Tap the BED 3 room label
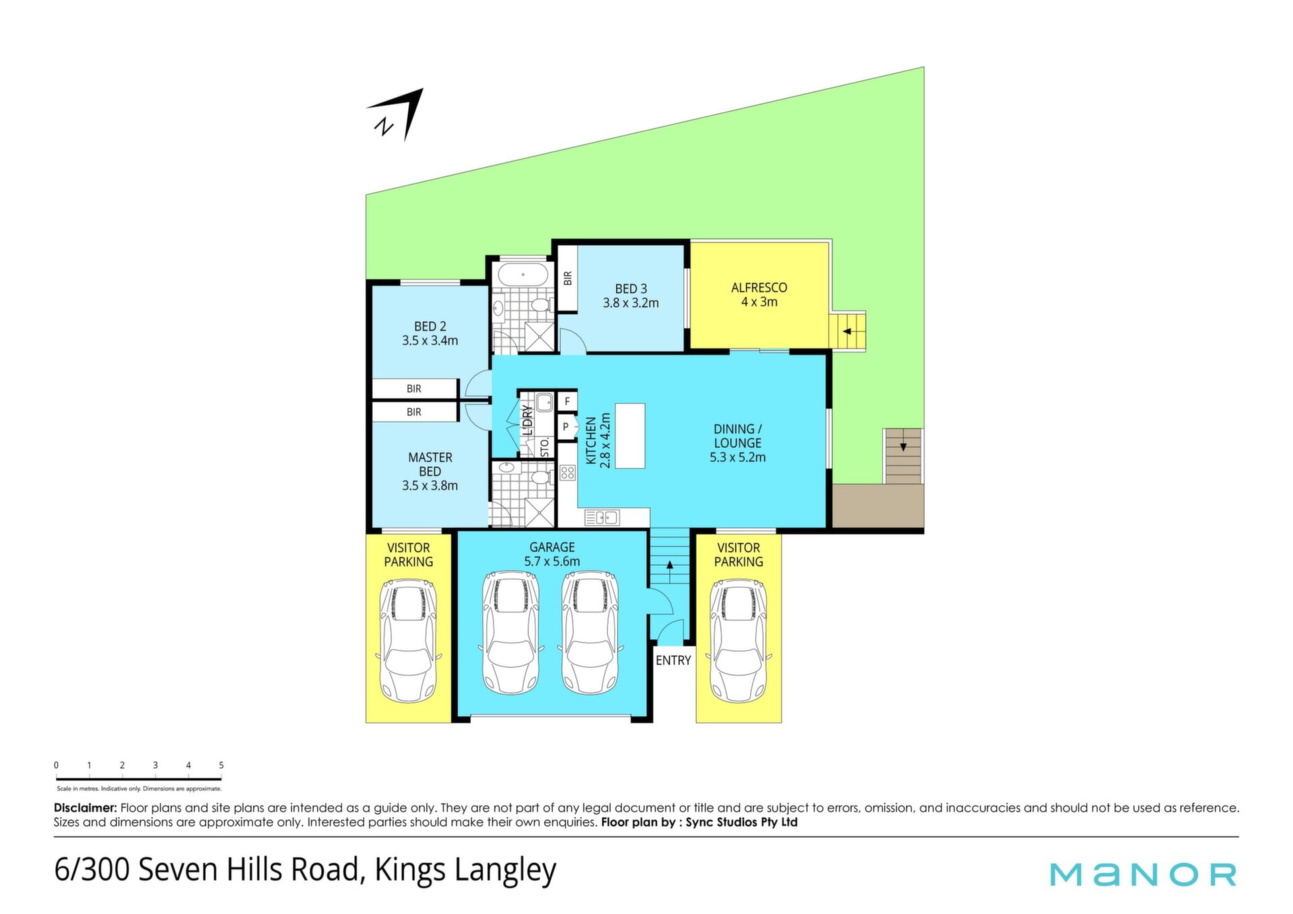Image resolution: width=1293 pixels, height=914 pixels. click(x=631, y=289)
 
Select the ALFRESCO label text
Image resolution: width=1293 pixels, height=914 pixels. click(x=759, y=288)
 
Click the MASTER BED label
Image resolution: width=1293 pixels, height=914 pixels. click(x=430, y=465)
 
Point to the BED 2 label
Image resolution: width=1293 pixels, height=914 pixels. click(x=430, y=327)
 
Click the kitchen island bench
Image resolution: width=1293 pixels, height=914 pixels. click(x=630, y=436)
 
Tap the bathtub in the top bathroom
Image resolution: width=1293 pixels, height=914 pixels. click(x=523, y=275)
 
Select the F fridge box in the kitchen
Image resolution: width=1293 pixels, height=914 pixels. click(x=567, y=401)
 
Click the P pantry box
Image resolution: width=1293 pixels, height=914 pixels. click(x=566, y=427)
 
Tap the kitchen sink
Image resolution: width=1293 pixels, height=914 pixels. click(x=602, y=517)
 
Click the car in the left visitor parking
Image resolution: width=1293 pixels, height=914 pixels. click(x=408, y=641)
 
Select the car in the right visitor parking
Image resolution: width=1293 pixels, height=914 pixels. click(x=738, y=641)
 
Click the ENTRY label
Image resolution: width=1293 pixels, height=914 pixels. click(x=673, y=661)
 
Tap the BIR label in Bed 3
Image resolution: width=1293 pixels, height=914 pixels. click(x=568, y=278)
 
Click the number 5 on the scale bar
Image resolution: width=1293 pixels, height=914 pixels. click(x=221, y=765)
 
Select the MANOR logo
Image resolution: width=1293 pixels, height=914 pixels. click(x=1143, y=874)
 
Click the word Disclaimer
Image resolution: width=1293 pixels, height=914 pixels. click(x=86, y=808)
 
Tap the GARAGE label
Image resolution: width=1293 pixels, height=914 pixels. click(x=552, y=548)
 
